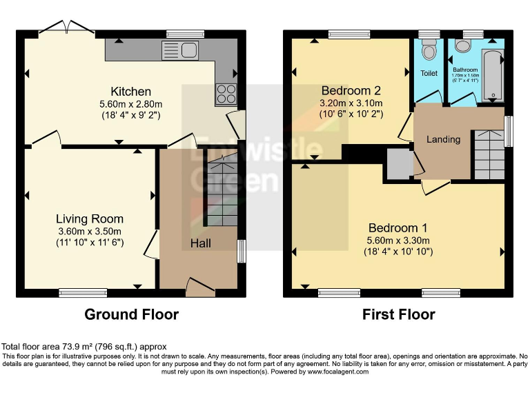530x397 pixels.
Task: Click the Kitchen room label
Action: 130,91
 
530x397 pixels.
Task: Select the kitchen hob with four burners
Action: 226,93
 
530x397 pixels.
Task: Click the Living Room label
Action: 90,219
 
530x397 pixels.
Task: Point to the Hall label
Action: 201,243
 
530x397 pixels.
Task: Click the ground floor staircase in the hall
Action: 222,193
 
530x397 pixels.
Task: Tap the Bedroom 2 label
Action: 351,90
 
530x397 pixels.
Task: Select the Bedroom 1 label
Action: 398,228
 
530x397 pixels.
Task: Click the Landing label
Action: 443,139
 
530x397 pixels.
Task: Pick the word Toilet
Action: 429,73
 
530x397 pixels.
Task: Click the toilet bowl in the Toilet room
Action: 429,50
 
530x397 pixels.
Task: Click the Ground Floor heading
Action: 131,315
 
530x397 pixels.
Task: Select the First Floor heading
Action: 399,315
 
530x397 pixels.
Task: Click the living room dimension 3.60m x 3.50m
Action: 89,232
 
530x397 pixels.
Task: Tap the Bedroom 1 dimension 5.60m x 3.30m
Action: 398,241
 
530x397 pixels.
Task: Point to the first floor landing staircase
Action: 487,155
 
